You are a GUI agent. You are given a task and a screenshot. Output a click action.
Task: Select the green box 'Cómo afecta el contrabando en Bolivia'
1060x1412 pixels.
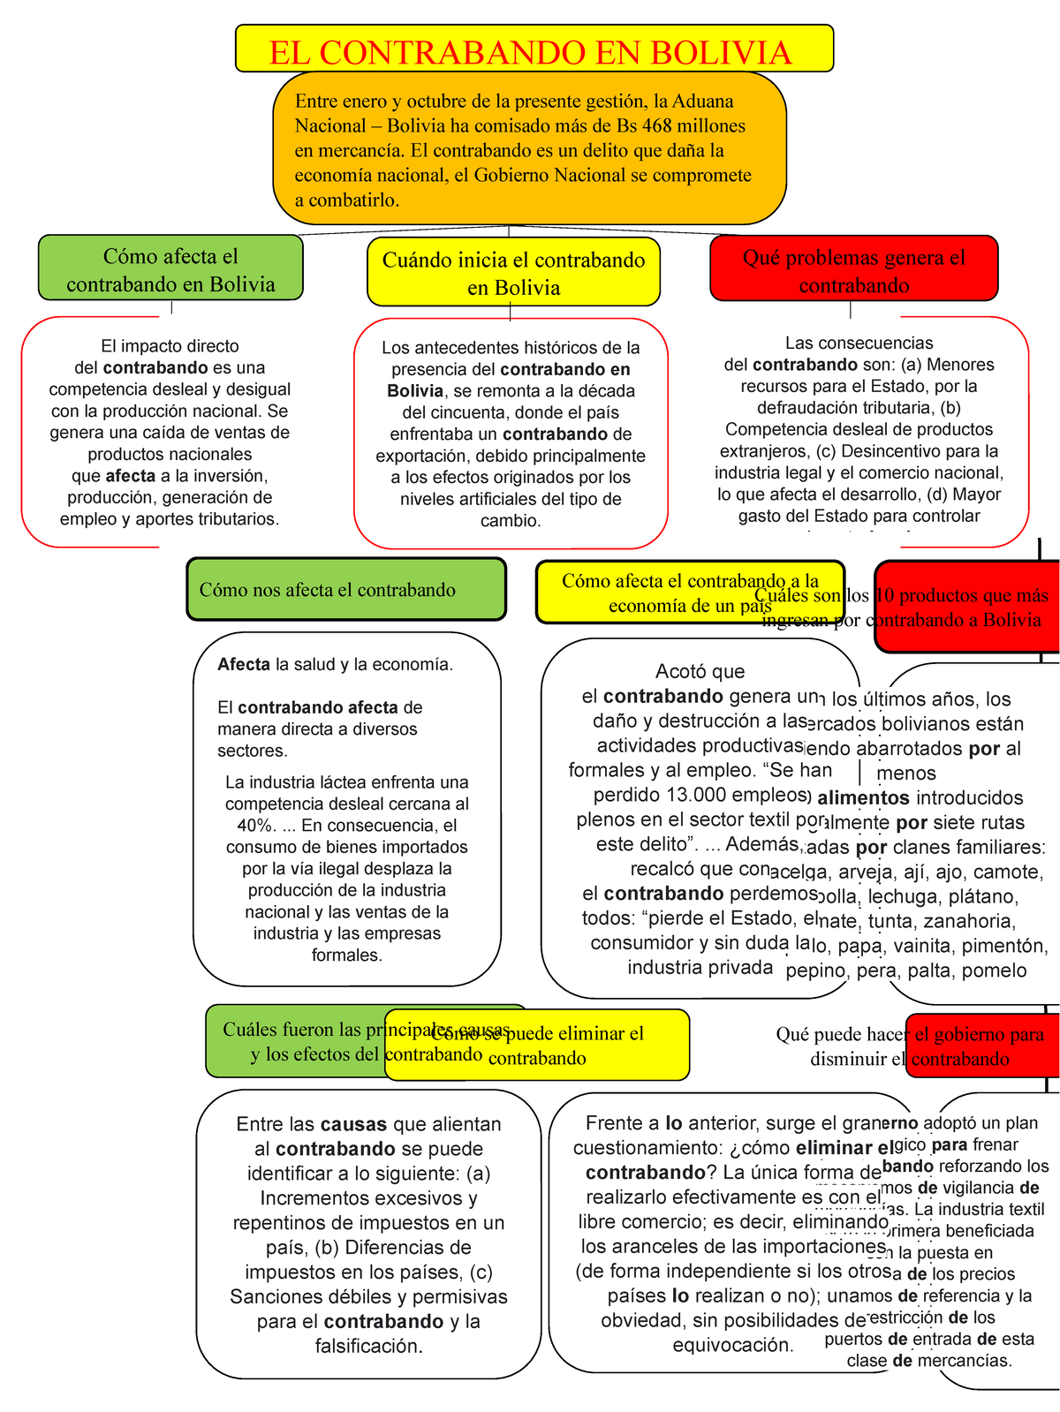tap(170, 269)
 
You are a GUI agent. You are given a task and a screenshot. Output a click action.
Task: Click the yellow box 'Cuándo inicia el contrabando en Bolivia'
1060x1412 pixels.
tap(513, 273)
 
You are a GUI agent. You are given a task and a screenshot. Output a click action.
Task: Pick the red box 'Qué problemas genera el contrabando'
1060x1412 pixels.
tap(853, 270)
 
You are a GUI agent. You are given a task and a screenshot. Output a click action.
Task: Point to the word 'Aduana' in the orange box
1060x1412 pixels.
tap(702, 102)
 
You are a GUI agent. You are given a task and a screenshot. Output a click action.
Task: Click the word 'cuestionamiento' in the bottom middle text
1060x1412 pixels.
tap(651, 1148)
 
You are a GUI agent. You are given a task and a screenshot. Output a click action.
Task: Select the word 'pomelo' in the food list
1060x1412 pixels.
tap(994, 971)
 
